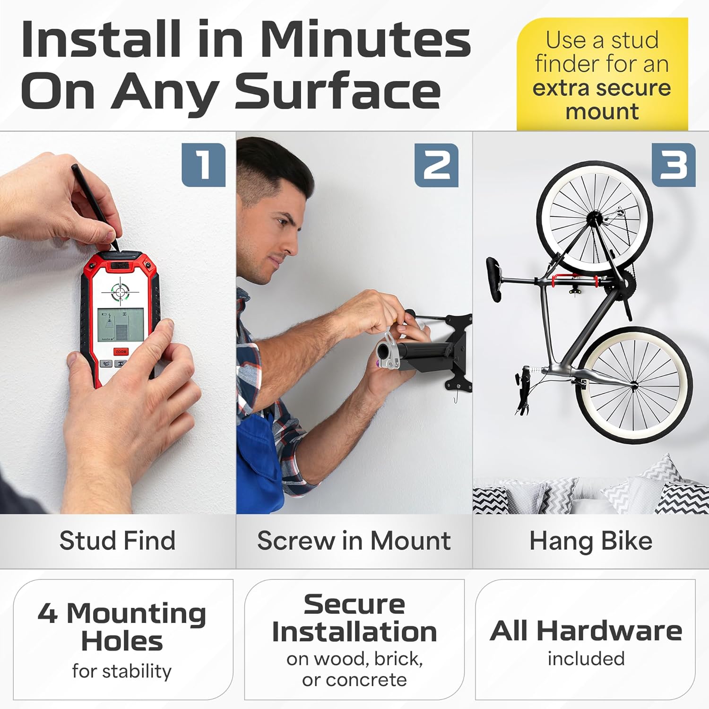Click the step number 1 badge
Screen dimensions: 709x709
coord(203,165)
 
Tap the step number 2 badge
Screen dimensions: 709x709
coord(436,165)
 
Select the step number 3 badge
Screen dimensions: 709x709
coord(674,165)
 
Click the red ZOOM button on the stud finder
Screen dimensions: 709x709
coord(121,352)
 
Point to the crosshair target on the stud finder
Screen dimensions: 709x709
coord(120,291)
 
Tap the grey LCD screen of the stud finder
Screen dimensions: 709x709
coord(114,325)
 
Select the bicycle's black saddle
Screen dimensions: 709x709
coord(495,279)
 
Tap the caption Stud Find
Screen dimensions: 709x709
coord(117,540)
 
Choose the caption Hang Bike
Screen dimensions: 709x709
coord(591,541)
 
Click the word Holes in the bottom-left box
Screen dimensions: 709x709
coord(122,641)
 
